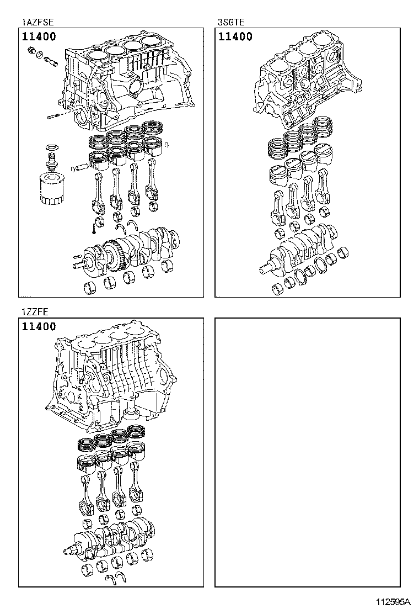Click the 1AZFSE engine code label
coord(38,22)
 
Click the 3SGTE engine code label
coord(231,22)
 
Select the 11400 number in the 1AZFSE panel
coord(39,38)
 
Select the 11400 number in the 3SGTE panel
coord(235,37)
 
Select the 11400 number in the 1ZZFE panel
coord(39,326)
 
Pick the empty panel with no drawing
coord(307,452)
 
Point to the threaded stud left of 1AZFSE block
coord(54,115)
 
